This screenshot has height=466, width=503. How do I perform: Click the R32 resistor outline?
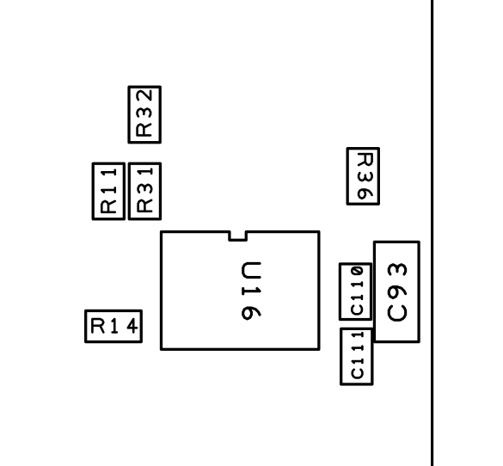129,114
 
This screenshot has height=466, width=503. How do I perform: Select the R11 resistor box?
93,192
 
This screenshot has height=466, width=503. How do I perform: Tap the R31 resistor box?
129,192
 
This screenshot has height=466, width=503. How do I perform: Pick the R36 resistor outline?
347,176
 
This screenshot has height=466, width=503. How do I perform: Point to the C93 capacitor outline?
374,291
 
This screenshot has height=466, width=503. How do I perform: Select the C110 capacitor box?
340,291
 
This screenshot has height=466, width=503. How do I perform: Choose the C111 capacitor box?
341,356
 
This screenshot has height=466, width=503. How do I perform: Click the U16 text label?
251,291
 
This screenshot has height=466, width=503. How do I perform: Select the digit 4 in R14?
132,327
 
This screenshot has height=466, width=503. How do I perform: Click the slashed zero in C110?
357,272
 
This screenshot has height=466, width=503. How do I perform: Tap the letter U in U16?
251,271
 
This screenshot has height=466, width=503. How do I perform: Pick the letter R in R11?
108,206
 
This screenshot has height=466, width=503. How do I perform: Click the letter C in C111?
358,373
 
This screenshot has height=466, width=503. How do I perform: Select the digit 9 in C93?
397,291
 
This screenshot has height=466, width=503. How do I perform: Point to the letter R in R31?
144,206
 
